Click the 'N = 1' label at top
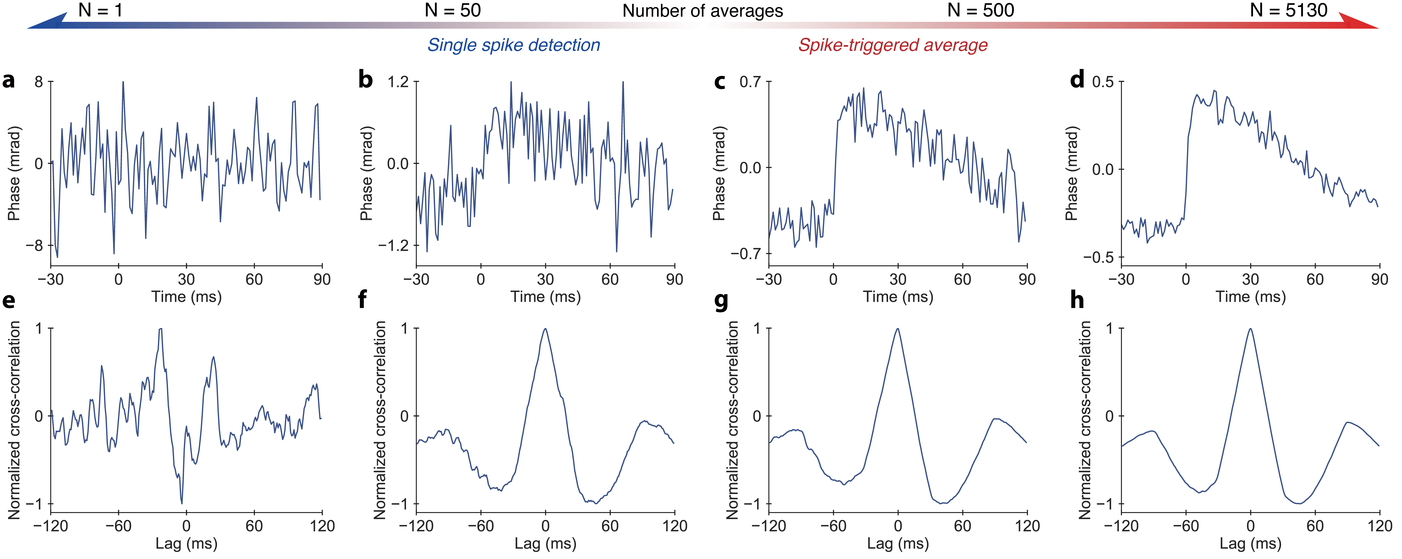pos(100,10)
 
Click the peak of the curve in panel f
pos(545,329)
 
